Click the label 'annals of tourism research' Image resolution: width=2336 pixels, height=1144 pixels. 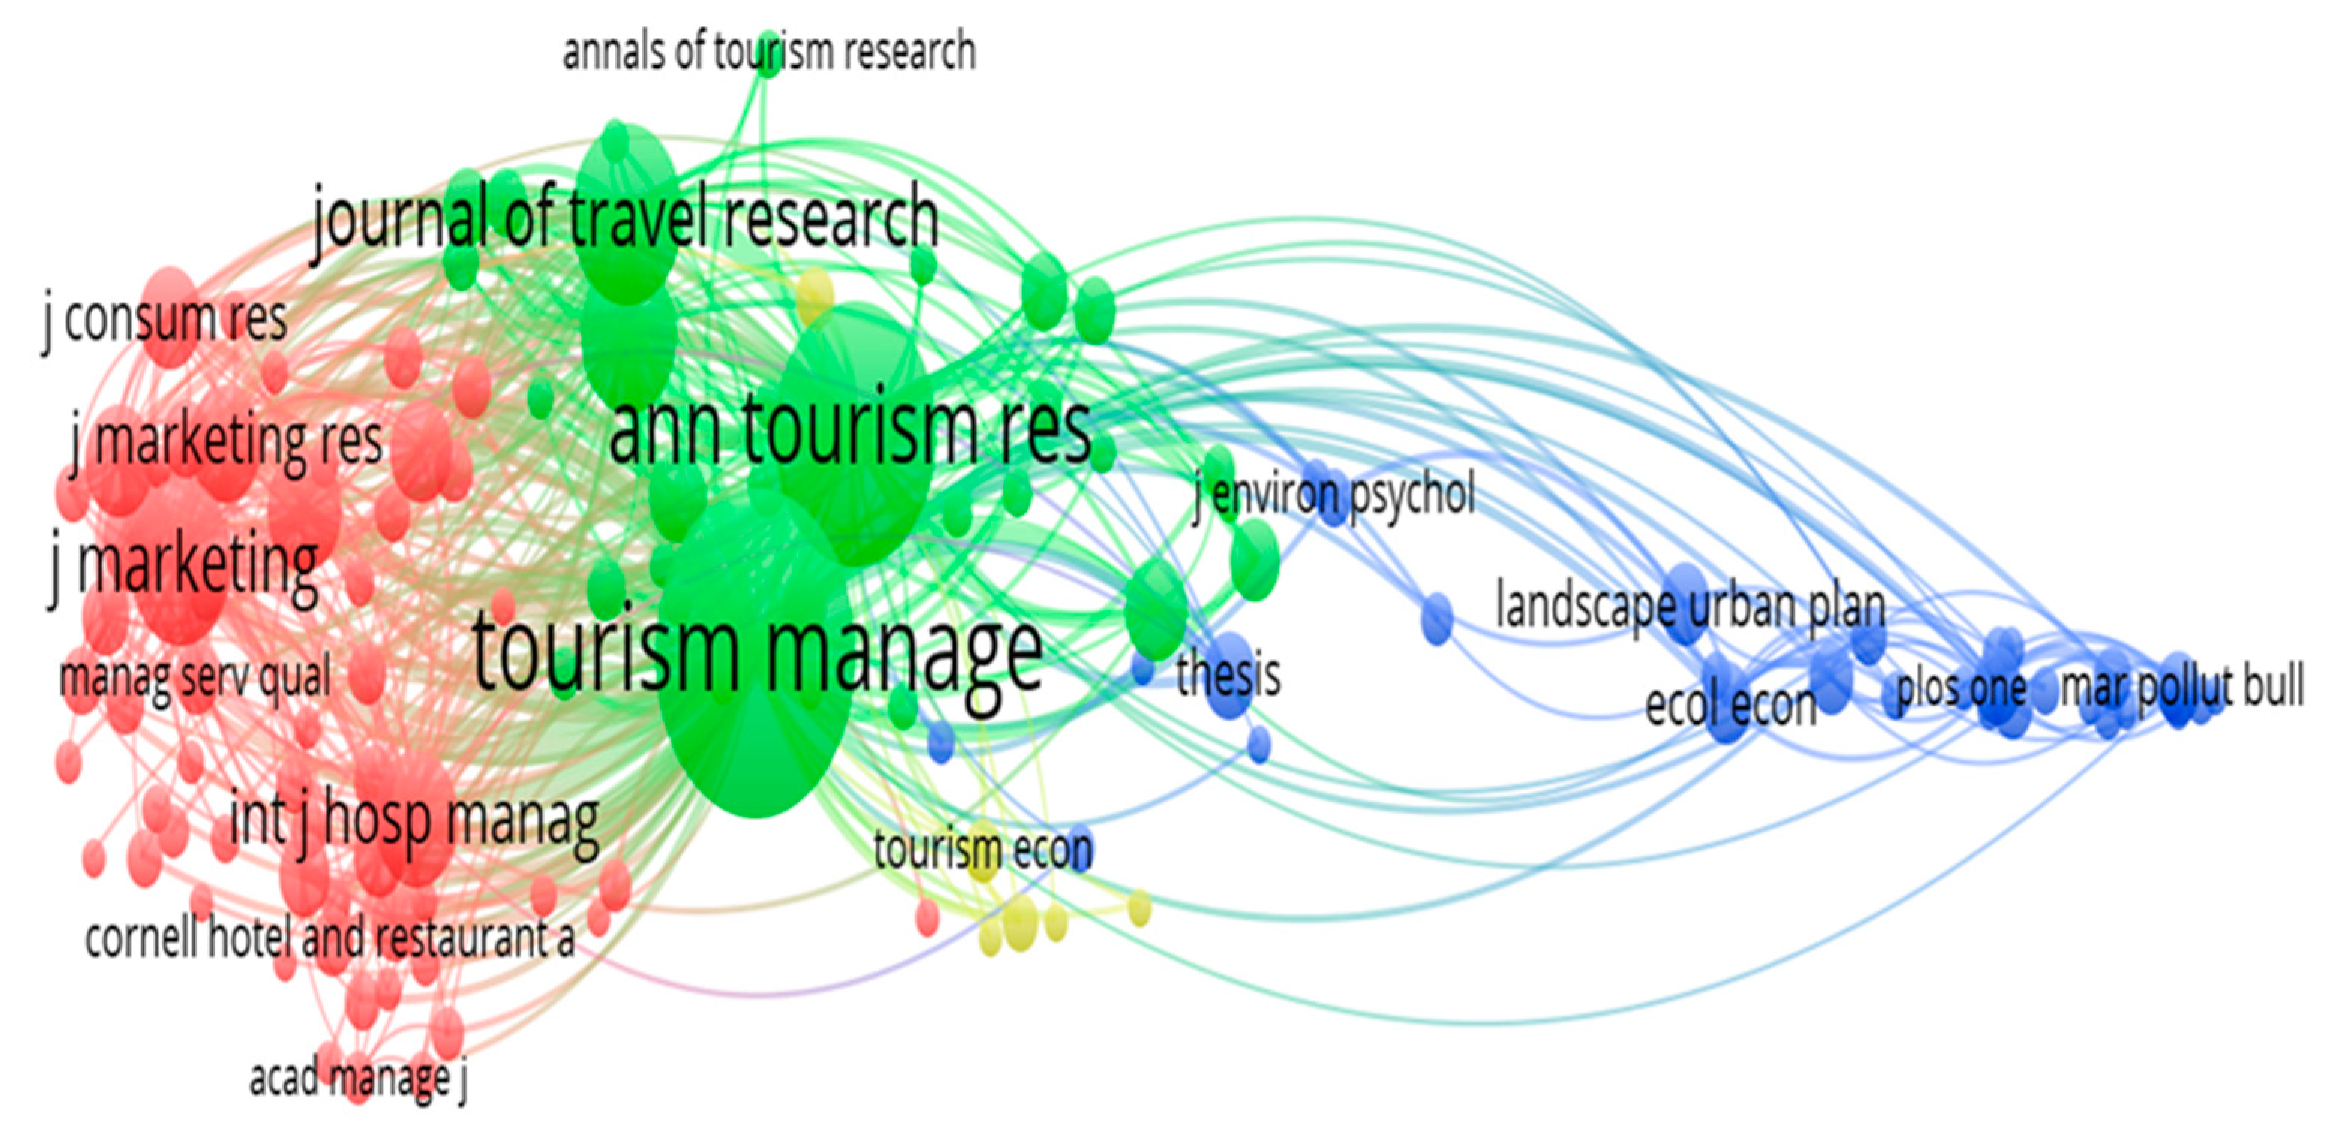point(768,52)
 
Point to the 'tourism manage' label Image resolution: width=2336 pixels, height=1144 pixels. point(757,651)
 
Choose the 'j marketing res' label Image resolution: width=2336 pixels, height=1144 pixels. point(227,442)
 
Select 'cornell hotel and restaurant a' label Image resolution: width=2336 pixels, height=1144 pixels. point(329,938)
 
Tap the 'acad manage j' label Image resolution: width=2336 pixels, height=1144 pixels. point(358,1078)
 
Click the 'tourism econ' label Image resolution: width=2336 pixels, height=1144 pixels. point(983,850)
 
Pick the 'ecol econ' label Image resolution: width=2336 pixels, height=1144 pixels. point(1731,705)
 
